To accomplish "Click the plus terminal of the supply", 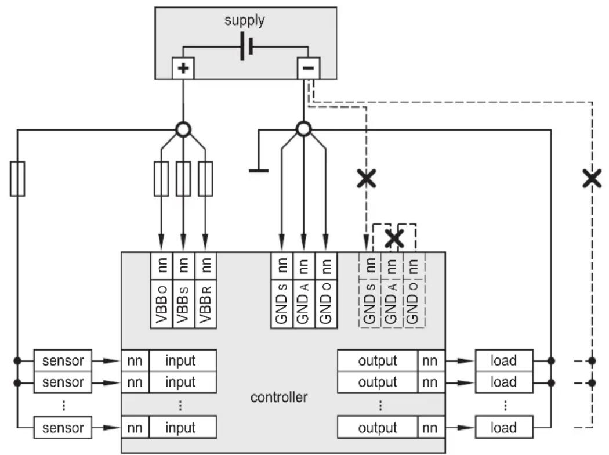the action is click(x=183, y=68).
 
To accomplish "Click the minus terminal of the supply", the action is click(x=309, y=68).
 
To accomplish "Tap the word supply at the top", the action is click(x=245, y=20).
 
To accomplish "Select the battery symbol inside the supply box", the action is click(x=246, y=46).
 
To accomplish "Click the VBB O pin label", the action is click(x=162, y=304).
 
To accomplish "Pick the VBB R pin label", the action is click(x=205, y=304).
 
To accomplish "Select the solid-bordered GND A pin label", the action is click(x=304, y=304).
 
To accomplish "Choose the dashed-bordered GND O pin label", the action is click(x=414, y=304).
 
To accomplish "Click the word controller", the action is click(x=279, y=397).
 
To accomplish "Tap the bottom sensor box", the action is click(x=63, y=427).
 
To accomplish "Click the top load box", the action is click(x=504, y=360).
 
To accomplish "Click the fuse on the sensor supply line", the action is click(x=17, y=179).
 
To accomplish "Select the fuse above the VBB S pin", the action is click(x=183, y=179).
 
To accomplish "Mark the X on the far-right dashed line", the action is click(x=592, y=178).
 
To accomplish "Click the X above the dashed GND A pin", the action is click(x=394, y=238).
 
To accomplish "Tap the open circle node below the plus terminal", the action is click(x=183, y=129).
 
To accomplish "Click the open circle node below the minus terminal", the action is click(x=304, y=129).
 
